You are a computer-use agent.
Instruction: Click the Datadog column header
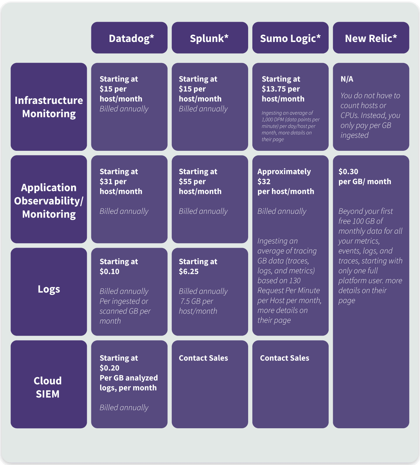[x=129, y=38]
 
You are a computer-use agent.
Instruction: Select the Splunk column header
[x=210, y=38]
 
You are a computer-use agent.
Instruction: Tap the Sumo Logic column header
[x=290, y=38]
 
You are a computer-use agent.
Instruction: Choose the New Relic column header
[x=371, y=38]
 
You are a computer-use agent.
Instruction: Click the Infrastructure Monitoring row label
[x=49, y=107]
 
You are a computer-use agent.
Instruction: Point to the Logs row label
[x=49, y=289]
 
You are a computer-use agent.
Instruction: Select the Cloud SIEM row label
[x=48, y=387]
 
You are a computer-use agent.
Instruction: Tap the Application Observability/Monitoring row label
[x=49, y=200]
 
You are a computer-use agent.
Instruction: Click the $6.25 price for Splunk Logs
[x=189, y=271]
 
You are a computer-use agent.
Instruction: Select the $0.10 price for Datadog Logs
[x=110, y=271]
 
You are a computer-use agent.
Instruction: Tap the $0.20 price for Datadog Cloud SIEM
[x=110, y=368]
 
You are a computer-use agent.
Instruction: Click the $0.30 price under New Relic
[x=348, y=171]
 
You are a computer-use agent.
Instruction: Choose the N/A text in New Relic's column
[x=347, y=79]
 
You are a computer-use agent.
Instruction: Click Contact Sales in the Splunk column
[x=203, y=358]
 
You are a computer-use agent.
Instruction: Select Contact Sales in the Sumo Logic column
[x=285, y=358]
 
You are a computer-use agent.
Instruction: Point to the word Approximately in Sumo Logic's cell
[x=284, y=171]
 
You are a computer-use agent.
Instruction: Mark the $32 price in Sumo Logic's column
[x=264, y=181]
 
